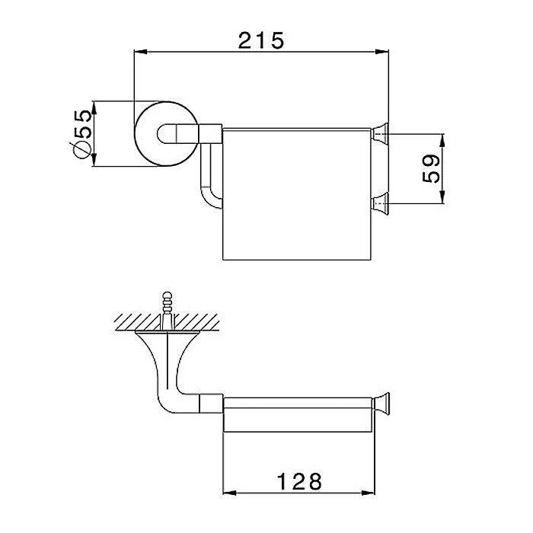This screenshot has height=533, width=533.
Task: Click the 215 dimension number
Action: coord(260,40)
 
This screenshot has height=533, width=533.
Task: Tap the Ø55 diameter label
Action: coord(82,134)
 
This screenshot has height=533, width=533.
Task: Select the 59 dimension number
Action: coord(431,168)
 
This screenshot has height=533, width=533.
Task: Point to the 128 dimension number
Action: coord(299,481)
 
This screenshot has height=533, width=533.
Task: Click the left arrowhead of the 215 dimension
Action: coord(141,52)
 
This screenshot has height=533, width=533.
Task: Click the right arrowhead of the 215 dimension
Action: coord(381,52)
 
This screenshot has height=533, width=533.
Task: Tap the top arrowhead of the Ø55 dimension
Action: coord(94,108)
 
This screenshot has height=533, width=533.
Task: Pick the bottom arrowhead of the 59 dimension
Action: coord(442,197)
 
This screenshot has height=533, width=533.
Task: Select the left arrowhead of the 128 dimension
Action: coord(229,493)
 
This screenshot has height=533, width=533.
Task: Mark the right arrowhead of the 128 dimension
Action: coord(368,493)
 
